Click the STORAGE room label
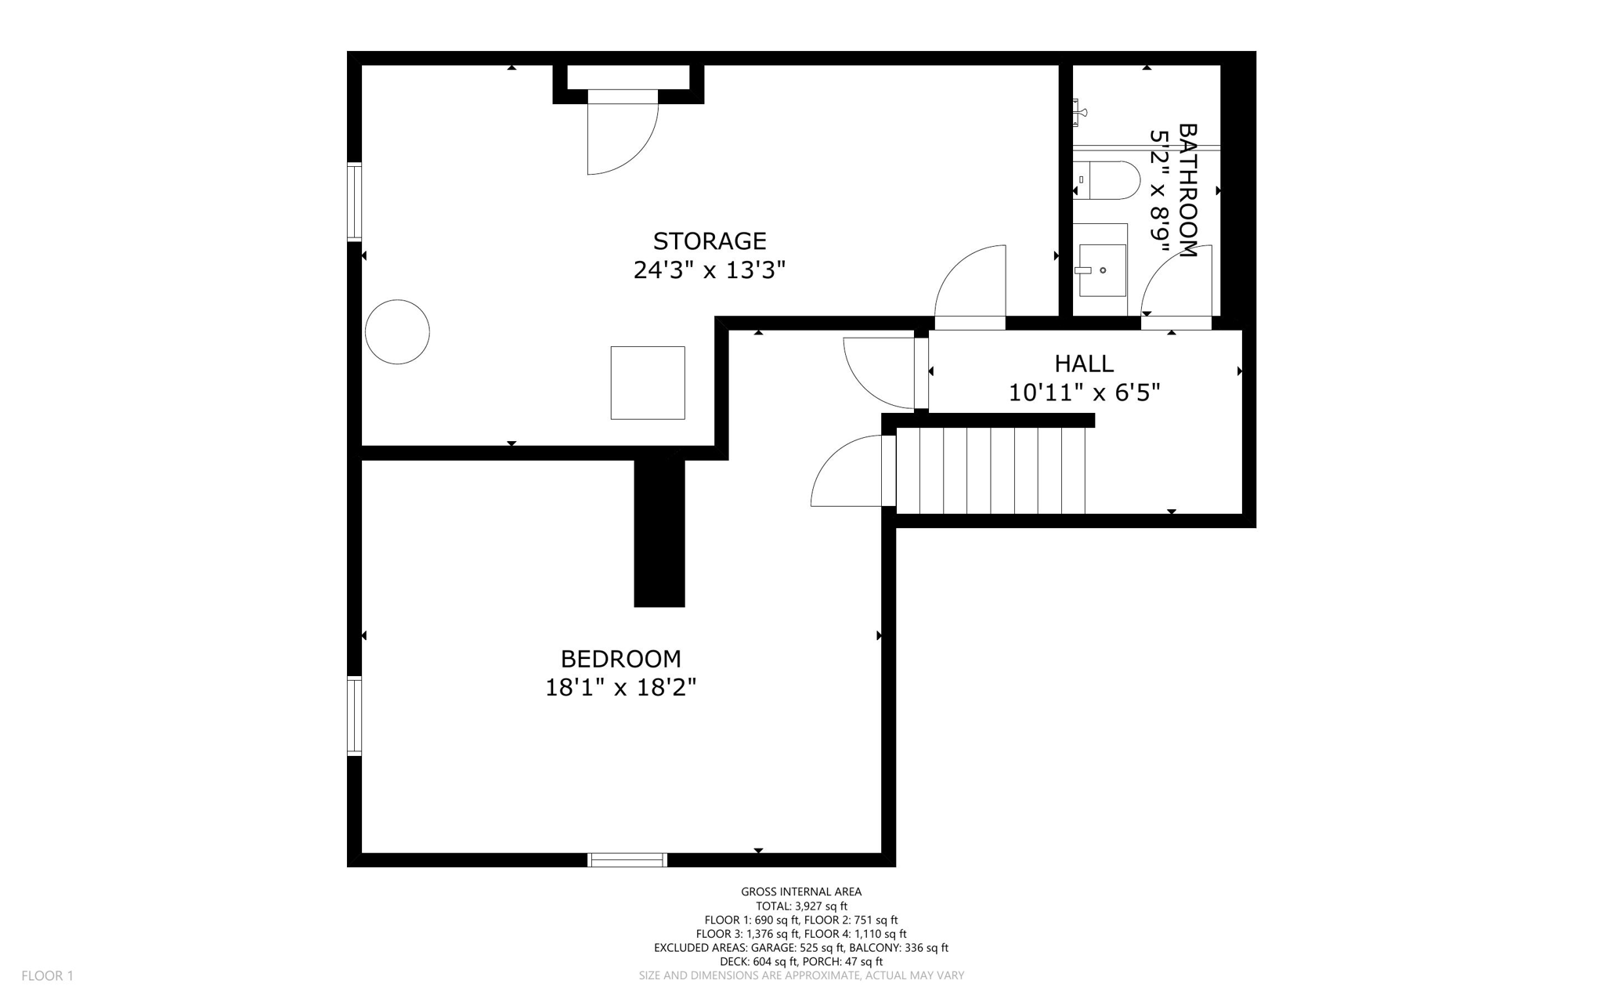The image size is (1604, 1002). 710,241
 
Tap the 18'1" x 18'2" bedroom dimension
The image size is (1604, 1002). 620,688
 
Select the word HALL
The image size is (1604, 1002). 1084,364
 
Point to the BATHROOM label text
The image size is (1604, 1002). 1187,190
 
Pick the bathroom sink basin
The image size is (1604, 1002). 1102,270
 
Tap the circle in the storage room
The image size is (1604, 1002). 398,331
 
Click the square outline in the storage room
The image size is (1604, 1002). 648,383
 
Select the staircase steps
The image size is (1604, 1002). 991,470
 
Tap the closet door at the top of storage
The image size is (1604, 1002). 623,133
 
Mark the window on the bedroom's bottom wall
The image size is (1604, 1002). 627,860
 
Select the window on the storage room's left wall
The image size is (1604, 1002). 355,201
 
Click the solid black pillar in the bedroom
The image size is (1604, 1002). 659,533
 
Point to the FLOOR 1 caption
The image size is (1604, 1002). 47,975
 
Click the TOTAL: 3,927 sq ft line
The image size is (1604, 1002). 801,906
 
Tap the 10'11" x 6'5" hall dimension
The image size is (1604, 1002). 1084,392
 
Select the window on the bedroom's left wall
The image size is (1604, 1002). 355,716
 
